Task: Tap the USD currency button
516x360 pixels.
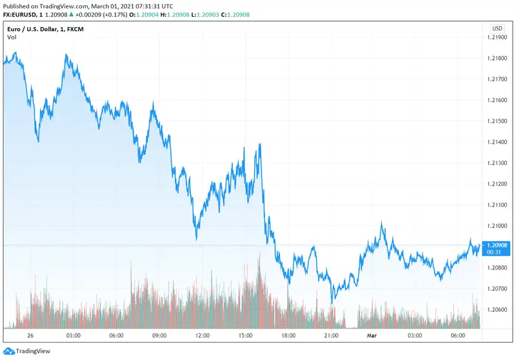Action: [497, 28]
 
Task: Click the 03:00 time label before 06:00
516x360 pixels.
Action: [73, 335]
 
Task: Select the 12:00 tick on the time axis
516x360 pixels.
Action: [203, 335]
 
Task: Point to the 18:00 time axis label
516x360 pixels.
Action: [288, 335]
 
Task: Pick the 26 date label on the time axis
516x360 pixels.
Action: [30, 335]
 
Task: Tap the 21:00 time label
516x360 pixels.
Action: [332, 335]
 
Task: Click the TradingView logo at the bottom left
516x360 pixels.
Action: [26, 352]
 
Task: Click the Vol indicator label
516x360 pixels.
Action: [12, 37]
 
